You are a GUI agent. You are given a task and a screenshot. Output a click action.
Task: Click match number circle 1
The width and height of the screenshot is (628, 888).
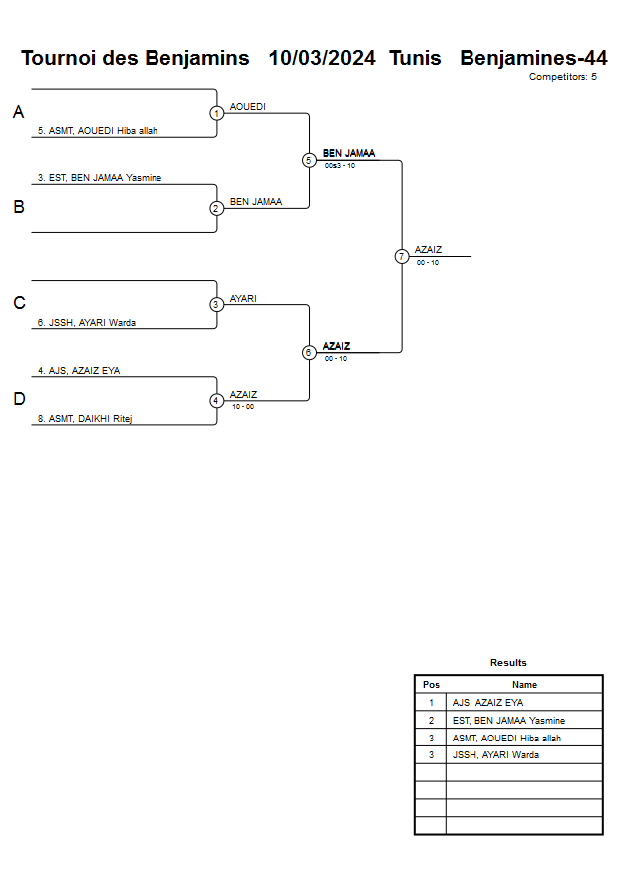coord(216,113)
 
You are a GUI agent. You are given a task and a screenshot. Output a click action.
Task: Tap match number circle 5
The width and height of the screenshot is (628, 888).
coord(309,160)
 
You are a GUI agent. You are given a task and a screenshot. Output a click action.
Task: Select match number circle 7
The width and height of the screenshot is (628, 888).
coord(402,256)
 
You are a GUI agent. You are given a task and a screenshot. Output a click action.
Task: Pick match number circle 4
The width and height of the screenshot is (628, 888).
coord(216,401)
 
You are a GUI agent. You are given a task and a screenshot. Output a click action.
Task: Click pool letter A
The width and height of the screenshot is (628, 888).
coord(18,113)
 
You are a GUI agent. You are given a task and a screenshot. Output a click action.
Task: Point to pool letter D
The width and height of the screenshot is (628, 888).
coord(18,400)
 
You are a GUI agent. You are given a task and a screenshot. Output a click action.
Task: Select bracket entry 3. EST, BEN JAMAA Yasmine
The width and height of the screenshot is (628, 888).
coord(100,178)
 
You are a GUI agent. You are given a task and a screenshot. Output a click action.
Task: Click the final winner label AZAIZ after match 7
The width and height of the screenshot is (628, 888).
coord(429,250)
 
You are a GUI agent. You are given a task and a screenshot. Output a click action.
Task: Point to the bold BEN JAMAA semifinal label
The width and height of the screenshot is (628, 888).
coord(349,153)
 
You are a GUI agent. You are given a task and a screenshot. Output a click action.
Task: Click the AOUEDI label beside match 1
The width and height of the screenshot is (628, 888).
coord(248,106)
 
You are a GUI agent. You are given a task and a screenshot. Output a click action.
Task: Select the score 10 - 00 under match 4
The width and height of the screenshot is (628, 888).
coord(243,407)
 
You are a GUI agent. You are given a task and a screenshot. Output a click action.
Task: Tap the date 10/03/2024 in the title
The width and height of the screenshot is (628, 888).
coord(322,58)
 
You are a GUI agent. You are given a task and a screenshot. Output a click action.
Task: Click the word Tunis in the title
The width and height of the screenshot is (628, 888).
coord(416,58)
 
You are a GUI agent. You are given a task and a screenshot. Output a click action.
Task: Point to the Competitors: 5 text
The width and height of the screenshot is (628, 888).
coord(563,77)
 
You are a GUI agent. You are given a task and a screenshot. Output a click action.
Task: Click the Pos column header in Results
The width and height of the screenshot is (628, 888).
coord(431,685)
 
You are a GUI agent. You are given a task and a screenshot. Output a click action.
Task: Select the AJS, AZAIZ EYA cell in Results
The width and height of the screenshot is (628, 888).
coord(487,703)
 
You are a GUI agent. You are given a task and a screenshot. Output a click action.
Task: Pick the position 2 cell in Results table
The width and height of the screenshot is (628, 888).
coord(431,720)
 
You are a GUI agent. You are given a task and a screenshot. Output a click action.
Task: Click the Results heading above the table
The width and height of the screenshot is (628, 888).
coord(508,663)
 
